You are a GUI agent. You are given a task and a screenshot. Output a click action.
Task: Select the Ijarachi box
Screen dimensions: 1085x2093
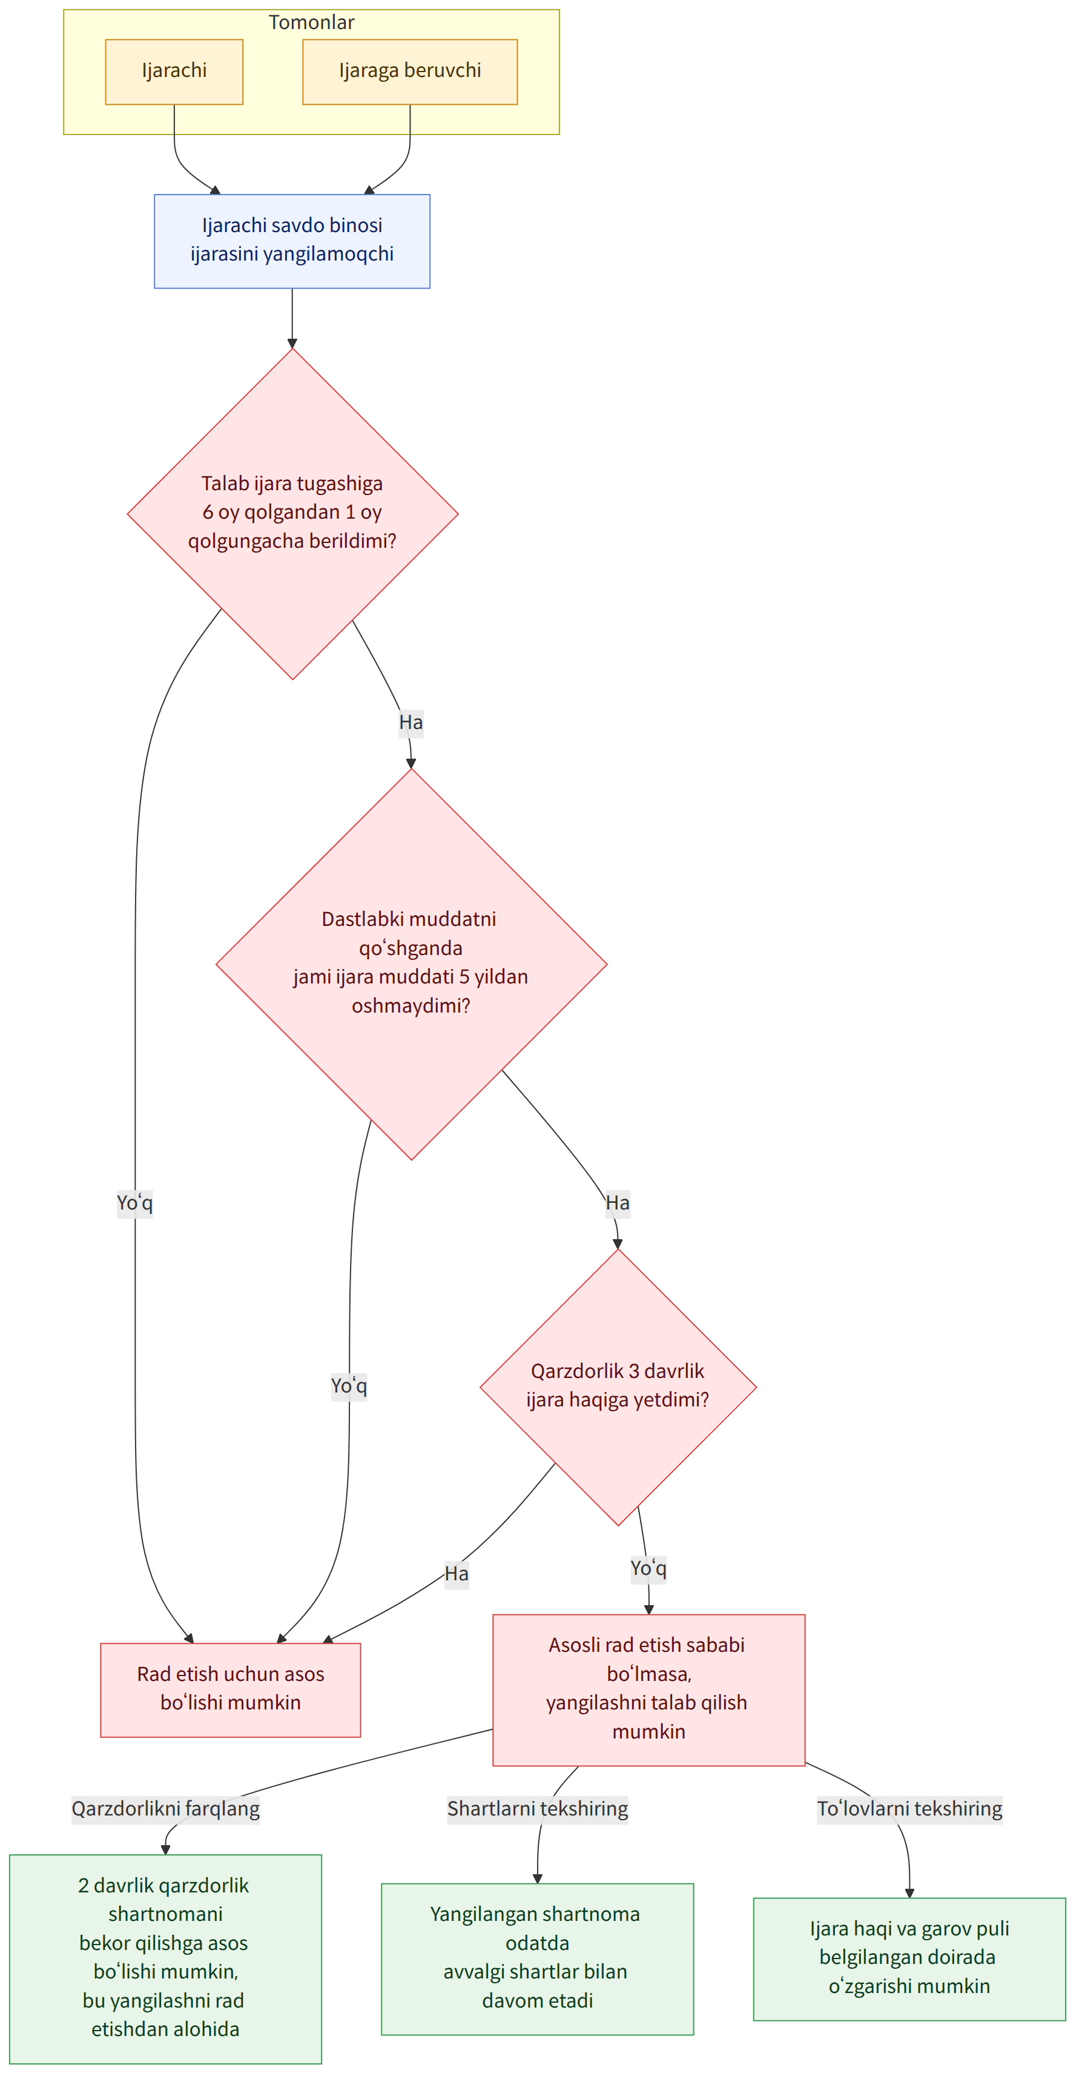pyautogui.click(x=174, y=72)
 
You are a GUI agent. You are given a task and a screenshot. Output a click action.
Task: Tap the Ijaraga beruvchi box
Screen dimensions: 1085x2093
pyautogui.click(x=409, y=72)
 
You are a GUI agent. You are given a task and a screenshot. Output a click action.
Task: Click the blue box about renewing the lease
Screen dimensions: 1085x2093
pyautogui.click(x=292, y=241)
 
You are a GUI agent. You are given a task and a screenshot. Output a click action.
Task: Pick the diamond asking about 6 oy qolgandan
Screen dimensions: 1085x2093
pyautogui.click(x=292, y=513)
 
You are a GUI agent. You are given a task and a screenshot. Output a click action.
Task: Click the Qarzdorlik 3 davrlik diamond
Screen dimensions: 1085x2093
pyautogui.click(x=618, y=1387)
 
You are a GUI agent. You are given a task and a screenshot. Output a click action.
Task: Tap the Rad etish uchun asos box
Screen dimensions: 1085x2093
pyautogui.click(x=230, y=1690)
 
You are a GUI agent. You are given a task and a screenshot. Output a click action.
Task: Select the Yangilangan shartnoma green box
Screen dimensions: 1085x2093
pyautogui.click(x=537, y=1959)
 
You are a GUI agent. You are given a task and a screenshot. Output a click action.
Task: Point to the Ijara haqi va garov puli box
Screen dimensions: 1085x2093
pyautogui.click(x=909, y=1959)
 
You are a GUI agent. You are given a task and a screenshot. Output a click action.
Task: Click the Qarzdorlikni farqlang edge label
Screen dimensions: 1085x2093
pyautogui.click(x=166, y=1809)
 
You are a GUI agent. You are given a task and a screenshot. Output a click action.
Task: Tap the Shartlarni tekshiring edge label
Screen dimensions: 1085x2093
pyautogui.click(x=538, y=1809)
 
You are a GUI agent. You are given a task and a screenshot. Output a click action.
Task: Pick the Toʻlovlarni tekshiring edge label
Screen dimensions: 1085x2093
pyautogui.click(x=909, y=1809)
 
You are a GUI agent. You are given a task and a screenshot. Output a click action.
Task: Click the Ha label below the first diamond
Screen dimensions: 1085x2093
pyautogui.click(x=411, y=722)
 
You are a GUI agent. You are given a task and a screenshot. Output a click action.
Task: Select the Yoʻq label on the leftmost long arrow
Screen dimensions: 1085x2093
pyautogui.click(x=135, y=1202)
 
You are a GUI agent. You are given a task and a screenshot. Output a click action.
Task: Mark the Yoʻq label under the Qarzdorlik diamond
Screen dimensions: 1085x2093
pyautogui.click(x=648, y=1568)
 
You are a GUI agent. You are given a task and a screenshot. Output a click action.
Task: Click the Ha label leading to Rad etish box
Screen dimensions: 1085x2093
pyautogui.click(x=457, y=1574)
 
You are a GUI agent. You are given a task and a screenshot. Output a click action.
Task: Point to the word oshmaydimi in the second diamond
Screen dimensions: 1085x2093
pyautogui.click(x=411, y=1006)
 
